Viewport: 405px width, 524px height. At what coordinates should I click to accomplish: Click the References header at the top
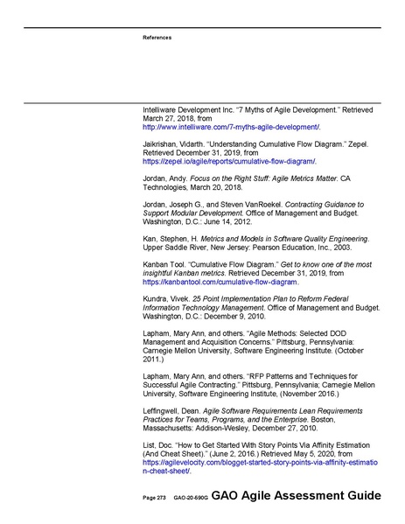[x=157, y=38]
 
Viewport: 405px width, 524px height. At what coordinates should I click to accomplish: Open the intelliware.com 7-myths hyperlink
[x=231, y=128]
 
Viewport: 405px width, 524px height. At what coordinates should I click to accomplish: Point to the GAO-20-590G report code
[x=190, y=497]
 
